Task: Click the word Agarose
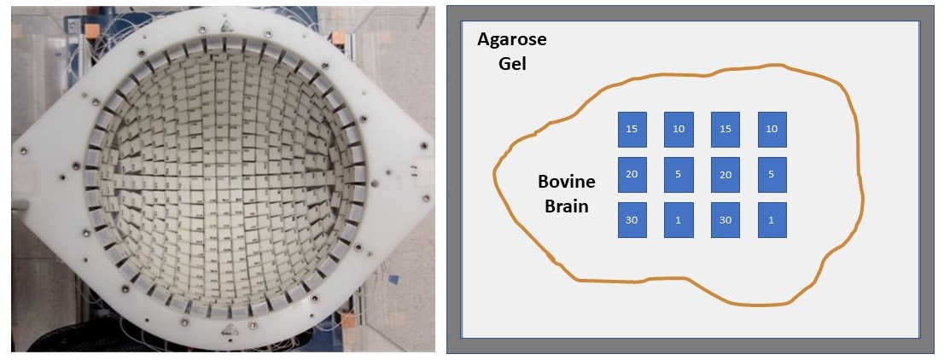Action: (512, 40)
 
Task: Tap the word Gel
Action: (512, 63)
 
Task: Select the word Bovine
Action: (566, 182)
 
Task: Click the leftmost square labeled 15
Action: (632, 130)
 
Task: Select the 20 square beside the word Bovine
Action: (632, 175)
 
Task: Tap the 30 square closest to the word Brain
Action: (632, 220)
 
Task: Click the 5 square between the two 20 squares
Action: (678, 175)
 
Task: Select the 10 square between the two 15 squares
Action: (678, 130)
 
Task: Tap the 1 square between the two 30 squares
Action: (678, 220)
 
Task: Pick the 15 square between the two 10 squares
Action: (724, 130)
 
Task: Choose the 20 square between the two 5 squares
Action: (724, 175)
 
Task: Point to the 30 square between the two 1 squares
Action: (724, 220)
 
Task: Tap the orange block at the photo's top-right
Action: (340, 38)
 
